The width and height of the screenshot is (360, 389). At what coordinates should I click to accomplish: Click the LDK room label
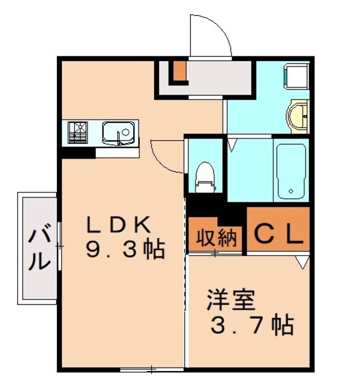pyautogui.click(x=119, y=224)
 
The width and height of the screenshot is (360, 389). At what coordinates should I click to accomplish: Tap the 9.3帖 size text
pyautogui.click(x=124, y=249)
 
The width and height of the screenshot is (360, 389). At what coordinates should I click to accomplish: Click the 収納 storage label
pyautogui.click(x=215, y=238)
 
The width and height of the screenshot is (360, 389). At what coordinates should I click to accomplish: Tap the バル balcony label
pyautogui.click(x=40, y=248)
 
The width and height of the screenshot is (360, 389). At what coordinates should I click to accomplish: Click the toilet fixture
pyautogui.click(x=205, y=176)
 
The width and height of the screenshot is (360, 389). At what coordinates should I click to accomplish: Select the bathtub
pyautogui.click(x=291, y=171)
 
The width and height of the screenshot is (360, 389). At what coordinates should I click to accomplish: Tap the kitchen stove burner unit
pyautogui.click(x=78, y=132)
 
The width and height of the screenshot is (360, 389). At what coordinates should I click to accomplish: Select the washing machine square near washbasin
pyautogui.click(x=296, y=76)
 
